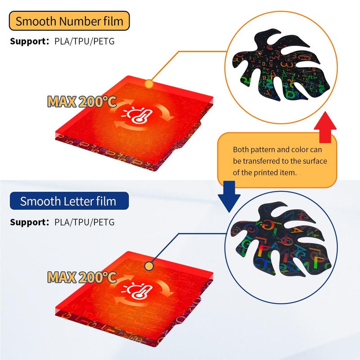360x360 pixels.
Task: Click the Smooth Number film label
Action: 69,21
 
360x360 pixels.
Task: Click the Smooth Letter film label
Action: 68,201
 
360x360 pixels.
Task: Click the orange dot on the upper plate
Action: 149,84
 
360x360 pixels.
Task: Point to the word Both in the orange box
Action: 241,149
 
